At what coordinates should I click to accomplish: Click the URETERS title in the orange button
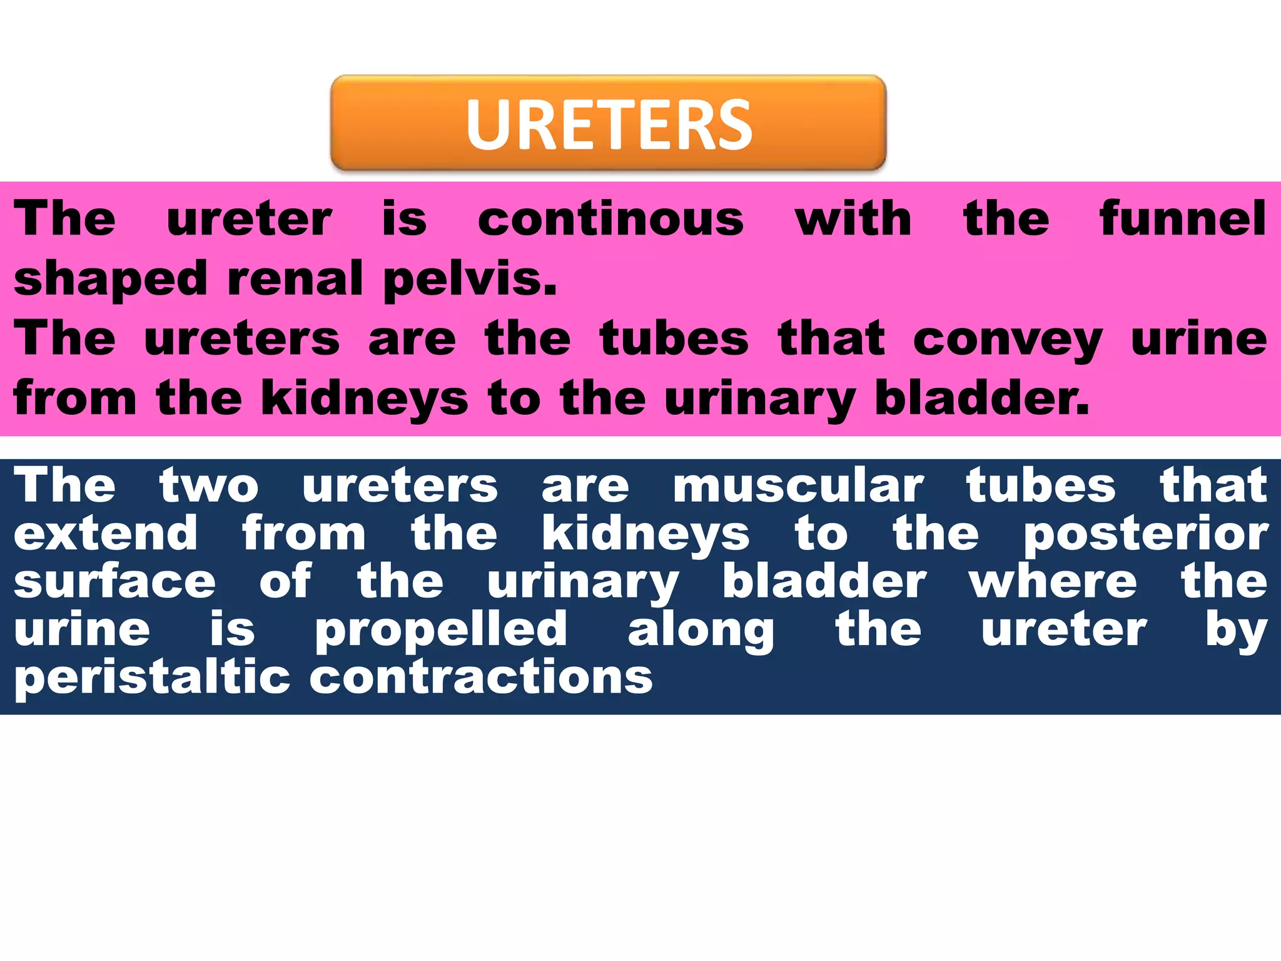click(609, 125)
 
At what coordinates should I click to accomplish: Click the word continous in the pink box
click(610, 219)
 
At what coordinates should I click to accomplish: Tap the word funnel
click(1183, 219)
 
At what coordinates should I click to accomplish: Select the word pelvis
click(469, 279)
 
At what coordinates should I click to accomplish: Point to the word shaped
click(110, 279)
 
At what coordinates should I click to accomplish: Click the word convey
click(1007, 339)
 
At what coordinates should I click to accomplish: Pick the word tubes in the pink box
click(674, 339)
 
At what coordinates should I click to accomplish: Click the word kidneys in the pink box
click(364, 399)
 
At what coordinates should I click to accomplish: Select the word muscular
click(798, 486)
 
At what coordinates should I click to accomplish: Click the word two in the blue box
click(209, 486)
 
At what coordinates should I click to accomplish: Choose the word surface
click(114, 581)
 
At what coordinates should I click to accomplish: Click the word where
click(1053, 581)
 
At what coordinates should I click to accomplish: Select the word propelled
click(441, 631)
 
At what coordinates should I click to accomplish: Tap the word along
click(701, 631)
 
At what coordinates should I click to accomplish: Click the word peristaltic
click(152, 678)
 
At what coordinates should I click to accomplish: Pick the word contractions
click(481, 678)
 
